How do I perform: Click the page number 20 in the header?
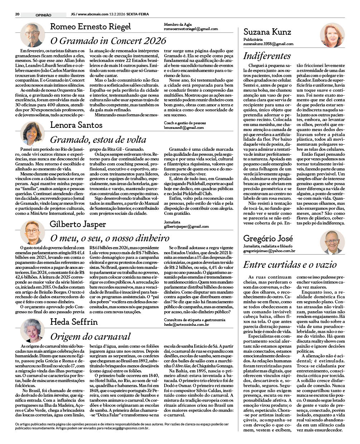pyautogui.click(x=17, y=14)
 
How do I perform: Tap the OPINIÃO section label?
pyautogui.click(x=43, y=15)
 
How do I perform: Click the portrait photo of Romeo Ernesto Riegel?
pyautogui.click(x=33, y=35)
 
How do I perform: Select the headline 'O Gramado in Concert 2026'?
pyautogui.click(x=108, y=40)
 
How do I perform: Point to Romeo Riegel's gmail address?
pyautogui.click(x=191, y=29)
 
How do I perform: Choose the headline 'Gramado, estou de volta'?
pyautogui.click(x=98, y=140)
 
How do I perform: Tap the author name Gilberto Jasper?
pyautogui.click(x=78, y=225)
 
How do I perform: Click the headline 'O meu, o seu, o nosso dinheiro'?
pyautogui.click(x=110, y=238)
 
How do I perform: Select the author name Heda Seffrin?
pyautogui.click(x=74, y=322)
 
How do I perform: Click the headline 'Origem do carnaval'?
pyautogui.click(x=90, y=337)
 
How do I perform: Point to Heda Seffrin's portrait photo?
pyautogui.click(x=33, y=330)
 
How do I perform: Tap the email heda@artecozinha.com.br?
pyautogui.click(x=186, y=324)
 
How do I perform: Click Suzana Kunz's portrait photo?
pyautogui.click(x=332, y=35)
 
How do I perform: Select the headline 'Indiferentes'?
pyautogui.click(x=267, y=56)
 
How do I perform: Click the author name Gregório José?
pyautogui.click(x=268, y=238)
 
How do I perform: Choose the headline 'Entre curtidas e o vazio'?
pyautogui.click(x=290, y=265)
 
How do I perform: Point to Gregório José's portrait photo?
pyautogui.click(x=332, y=242)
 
